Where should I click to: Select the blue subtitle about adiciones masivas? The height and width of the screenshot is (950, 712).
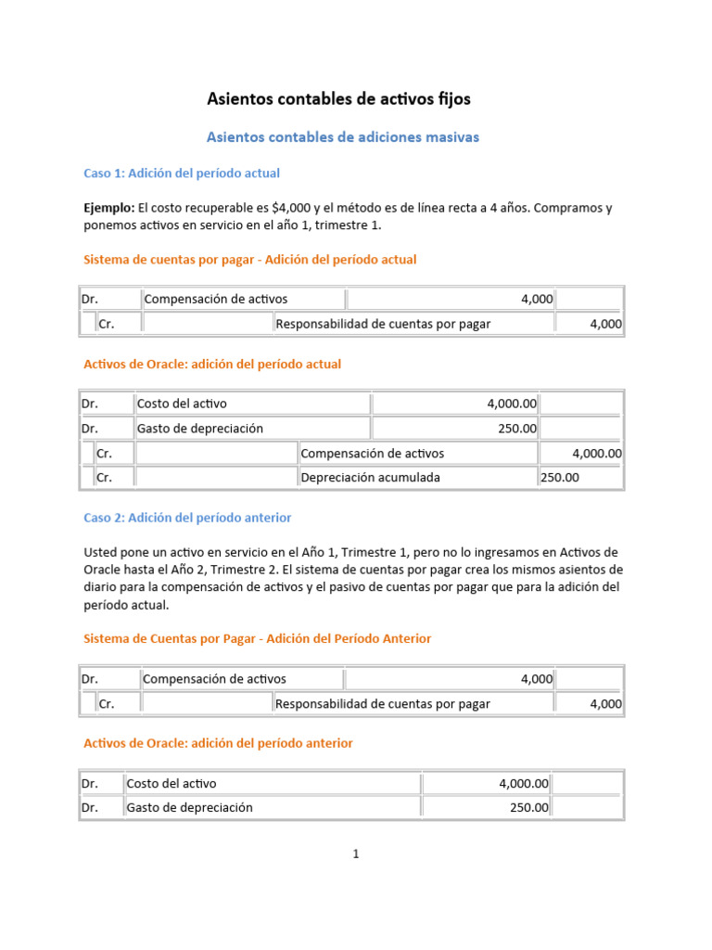tap(342, 137)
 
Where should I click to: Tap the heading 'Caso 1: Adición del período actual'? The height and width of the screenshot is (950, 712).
tap(182, 173)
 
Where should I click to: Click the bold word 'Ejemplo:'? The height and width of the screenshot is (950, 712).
tap(109, 208)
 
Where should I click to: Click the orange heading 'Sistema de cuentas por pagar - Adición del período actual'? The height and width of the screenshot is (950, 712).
tap(250, 260)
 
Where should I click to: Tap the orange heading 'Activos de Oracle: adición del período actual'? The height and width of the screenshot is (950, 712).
tap(212, 365)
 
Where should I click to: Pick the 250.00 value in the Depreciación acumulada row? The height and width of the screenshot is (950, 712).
tap(560, 478)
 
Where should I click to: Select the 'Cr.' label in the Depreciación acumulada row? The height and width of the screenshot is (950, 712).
tap(105, 478)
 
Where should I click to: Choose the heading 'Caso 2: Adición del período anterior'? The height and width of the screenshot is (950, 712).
tap(187, 518)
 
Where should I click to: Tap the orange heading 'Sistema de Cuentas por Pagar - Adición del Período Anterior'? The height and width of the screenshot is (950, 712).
tap(257, 639)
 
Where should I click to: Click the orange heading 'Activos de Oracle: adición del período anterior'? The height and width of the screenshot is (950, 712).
tap(218, 744)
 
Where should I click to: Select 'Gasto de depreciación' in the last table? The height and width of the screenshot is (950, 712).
tap(190, 808)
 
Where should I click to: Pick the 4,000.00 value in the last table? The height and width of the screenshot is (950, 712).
tap(524, 784)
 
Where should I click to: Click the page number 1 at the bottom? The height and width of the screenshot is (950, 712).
tap(355, 854)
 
